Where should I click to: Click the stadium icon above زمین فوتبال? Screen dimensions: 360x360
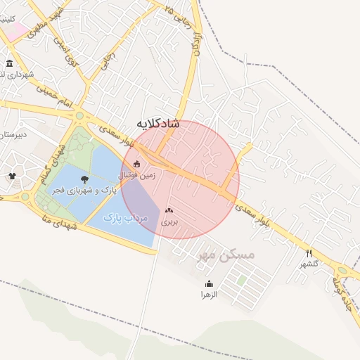tap(136, 165)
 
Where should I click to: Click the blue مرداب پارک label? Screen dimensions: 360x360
tap(126, 219)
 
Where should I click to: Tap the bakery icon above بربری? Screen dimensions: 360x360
tap(169, 210)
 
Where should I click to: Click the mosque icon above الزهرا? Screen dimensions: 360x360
tap(209, 283)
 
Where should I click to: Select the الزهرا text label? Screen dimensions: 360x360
tap(209, 294)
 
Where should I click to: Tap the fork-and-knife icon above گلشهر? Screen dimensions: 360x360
tap(309, 253)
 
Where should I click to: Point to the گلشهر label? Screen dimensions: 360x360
tap(309, 264)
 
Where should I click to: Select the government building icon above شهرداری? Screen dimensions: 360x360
tap(9, 63)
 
